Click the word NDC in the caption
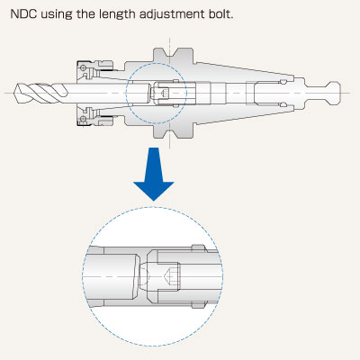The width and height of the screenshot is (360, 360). pos(23,14)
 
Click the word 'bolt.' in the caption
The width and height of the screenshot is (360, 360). pos(220,14)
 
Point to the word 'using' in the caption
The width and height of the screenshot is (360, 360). pos(57,15)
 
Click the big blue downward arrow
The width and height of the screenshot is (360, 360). pos(154,174)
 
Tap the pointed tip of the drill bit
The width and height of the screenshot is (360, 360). pos(14,93)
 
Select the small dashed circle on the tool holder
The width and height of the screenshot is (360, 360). pos(156,63)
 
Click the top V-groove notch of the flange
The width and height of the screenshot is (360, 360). pos(170,53)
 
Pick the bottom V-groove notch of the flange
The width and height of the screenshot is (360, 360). pos(170,133)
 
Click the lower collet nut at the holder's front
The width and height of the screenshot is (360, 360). pos(94,116)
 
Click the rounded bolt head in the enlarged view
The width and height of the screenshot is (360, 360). pos(143,276)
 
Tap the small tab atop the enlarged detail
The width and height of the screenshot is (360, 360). pos(199,248)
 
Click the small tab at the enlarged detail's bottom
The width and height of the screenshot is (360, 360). pos(199,305)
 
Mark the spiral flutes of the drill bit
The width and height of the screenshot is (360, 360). pos(41,93)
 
